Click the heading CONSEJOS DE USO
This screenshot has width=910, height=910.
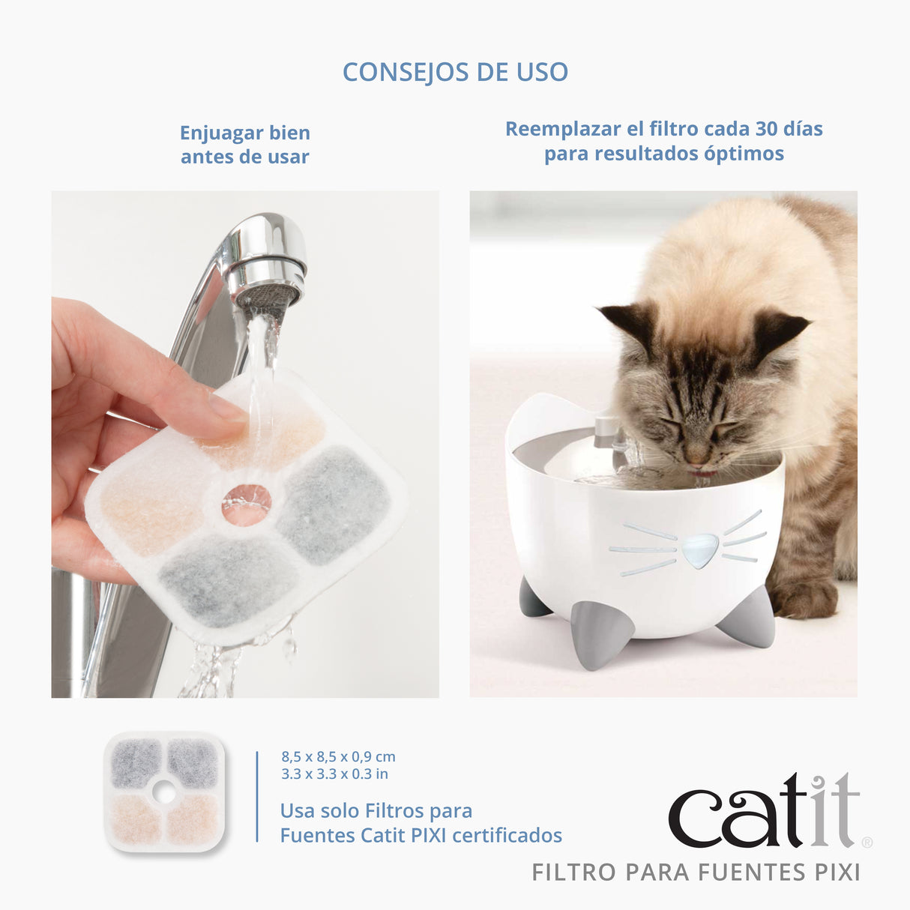[x=455, y=72]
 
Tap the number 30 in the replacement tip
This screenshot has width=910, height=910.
[x=766, y=129]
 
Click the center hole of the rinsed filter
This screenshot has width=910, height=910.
[x=247, y=504]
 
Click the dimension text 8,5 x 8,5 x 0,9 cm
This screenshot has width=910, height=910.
[x=338, y=757]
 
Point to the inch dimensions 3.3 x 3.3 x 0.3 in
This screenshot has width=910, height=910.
[x=334, y=774]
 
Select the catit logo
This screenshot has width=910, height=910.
[x=763, y=811]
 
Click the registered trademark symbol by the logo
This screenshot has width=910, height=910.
[x=867, y=843]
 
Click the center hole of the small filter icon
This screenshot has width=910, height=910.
[x=164, y=791]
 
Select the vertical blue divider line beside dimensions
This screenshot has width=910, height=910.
[x=257, y=796]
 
